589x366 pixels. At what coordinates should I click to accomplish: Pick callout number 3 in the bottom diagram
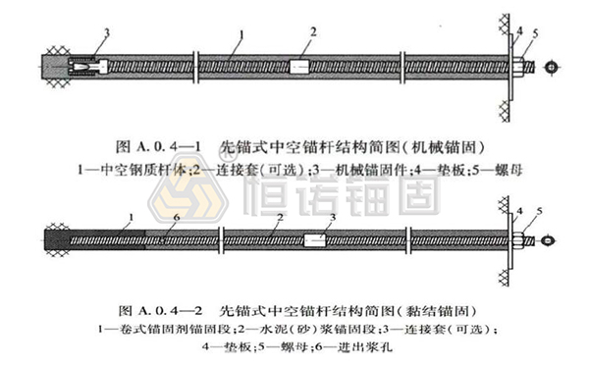coord(333,217)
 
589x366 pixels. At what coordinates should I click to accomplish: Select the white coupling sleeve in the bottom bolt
coord(316,239)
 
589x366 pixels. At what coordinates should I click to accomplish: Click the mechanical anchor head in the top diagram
coord(86,67)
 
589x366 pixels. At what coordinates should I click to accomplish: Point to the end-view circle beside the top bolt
coord(554,68)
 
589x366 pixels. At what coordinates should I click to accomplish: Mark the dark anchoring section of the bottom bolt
coord(98,239)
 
